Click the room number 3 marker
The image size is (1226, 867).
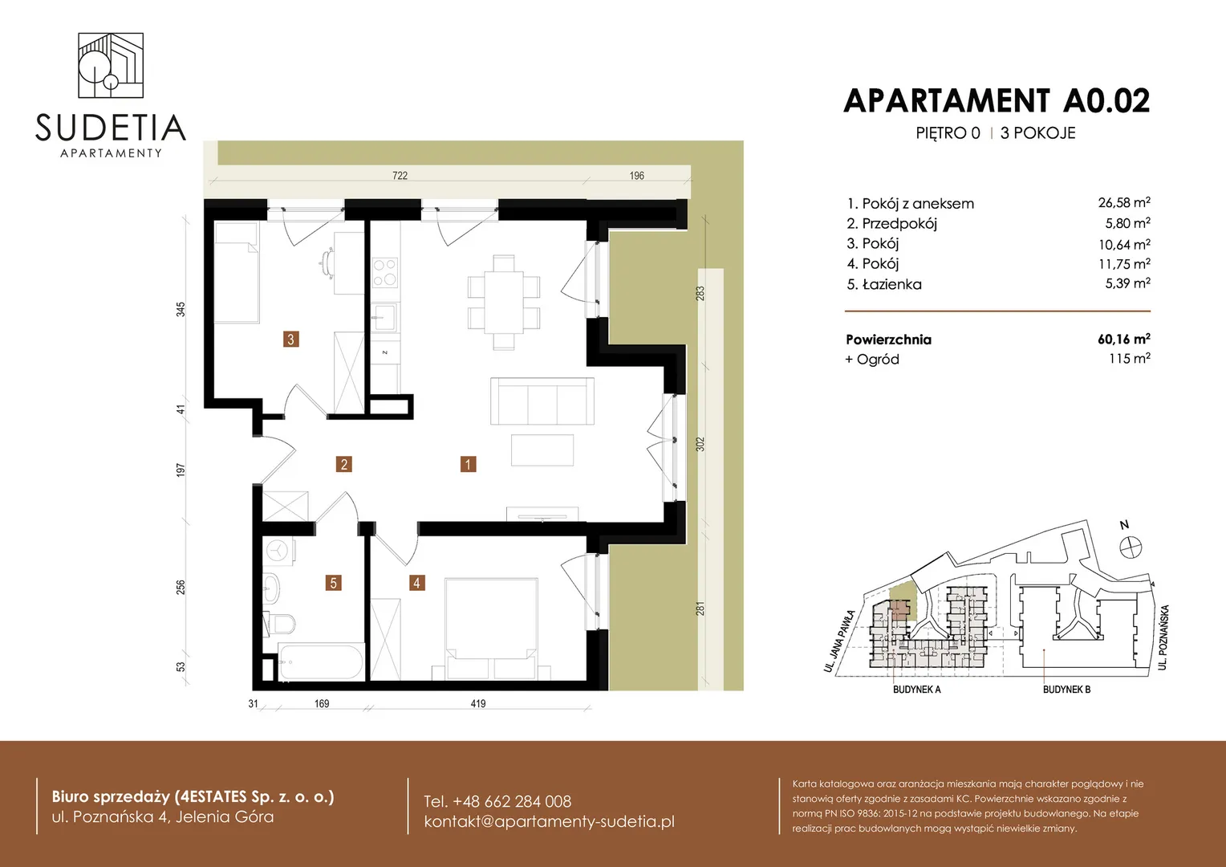click(x=290, y=339)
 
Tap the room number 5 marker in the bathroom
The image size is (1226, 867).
click(x=333, y=583)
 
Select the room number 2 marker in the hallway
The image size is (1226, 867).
click(x=343, y=465)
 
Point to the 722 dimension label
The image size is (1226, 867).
click(x=400, y=176)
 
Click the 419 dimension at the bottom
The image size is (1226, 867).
click(x=478, y=704)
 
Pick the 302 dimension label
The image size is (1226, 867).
click(x=700, y=444)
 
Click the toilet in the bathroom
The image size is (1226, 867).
click(x=279, y=623)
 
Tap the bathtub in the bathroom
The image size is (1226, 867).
click(x=321, y=661)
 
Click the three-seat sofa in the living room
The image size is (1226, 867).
click(x=542, y=401)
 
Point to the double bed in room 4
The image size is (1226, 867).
click(x=491, y=628)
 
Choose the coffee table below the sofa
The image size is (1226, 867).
click(x=542, y=450)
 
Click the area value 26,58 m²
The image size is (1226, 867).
click(x=1124, y=202)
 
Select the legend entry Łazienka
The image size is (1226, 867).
click(x=891, y=284)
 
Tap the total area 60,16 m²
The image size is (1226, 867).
click(x=1123, y=339)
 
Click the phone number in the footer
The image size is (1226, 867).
click(x=497, y=802)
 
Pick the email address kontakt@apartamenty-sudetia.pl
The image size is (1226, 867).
click(x=549, y=821)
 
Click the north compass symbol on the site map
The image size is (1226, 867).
click(x=1131, y=547)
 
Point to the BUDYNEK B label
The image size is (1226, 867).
click(x=1066, y=690)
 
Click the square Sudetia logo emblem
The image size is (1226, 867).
click(x=111, y=65)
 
